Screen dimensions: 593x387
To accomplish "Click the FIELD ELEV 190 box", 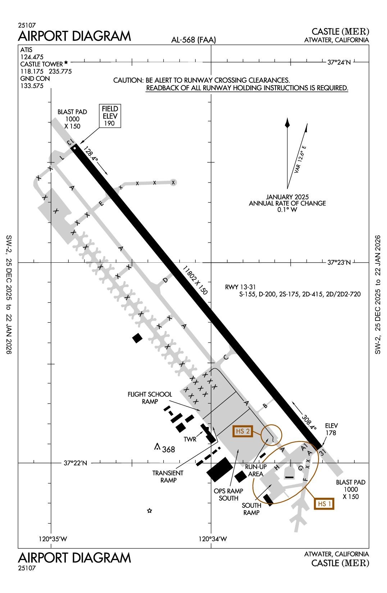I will point(110,116).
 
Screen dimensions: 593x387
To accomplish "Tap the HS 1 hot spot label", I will point(324,504).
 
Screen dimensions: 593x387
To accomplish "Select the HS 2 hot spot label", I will point(243,431).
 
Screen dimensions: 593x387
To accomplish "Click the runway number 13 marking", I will point(70,143).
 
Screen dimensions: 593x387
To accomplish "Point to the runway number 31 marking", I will point(322,452).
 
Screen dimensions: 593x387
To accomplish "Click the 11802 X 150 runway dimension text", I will point(195,280).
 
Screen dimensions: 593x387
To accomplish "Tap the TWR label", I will point(190,439).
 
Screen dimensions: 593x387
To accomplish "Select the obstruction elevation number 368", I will point(168,450).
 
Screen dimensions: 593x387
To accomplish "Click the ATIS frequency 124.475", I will point(32,57).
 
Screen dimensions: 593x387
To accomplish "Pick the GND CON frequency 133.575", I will point(32,86).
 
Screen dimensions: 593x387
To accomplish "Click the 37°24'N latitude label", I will point(339,63).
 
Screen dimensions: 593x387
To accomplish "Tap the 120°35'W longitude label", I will point(53,539).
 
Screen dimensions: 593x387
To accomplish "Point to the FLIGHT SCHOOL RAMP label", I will point(150,398).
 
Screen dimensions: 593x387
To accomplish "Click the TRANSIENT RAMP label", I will point(168,477).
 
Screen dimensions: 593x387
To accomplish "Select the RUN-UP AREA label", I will point(256,470).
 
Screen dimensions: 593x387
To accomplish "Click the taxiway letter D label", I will point(165,280).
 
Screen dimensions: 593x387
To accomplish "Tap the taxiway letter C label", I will point(226,357).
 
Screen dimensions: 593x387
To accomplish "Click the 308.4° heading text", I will point(309,422).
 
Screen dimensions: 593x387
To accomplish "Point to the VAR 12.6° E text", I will point(300,159).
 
